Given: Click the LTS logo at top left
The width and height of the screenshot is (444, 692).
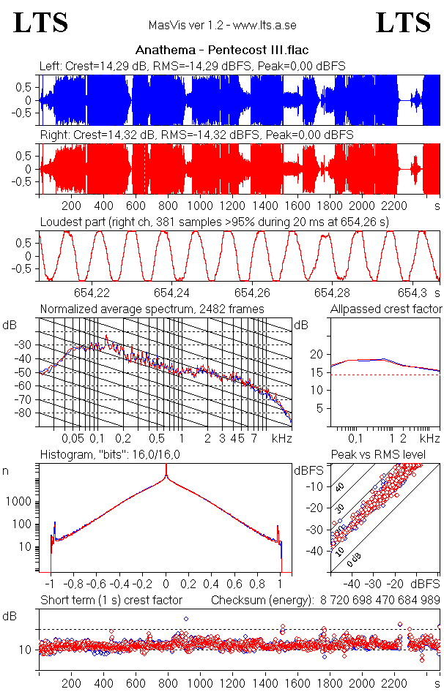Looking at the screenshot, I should (41, 23).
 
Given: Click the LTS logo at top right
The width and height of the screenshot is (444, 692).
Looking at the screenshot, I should (402, 23).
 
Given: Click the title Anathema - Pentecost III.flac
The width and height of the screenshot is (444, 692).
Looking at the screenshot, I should (222, 50).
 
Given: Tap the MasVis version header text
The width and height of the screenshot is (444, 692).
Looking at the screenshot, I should (222, 26).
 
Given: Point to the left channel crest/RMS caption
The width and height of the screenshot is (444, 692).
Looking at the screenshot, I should (192, 67).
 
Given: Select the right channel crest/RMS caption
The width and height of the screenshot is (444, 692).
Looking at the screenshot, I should (196, 135).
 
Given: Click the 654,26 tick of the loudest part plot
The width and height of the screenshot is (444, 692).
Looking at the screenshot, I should (253, 291).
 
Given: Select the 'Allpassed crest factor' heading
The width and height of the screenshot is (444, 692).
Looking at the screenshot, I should (386, 309).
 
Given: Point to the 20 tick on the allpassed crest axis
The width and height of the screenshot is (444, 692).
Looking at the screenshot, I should (317, 354).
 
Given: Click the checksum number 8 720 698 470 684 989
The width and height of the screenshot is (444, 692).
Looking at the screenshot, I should (380, 600).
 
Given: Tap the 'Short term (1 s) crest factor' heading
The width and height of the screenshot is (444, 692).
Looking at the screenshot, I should (111, 600).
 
